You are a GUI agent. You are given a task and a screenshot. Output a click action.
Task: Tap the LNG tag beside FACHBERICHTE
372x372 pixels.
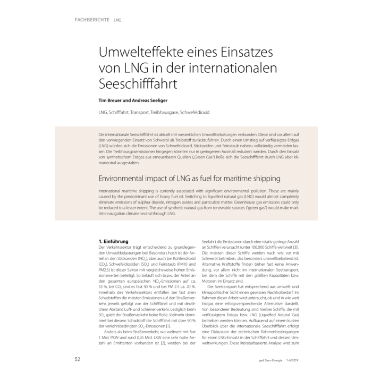tap(117, 21)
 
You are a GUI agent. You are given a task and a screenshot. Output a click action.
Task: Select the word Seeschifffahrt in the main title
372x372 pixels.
tap(138, 83)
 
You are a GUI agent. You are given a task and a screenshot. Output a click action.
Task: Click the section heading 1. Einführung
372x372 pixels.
tap(115, 241)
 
